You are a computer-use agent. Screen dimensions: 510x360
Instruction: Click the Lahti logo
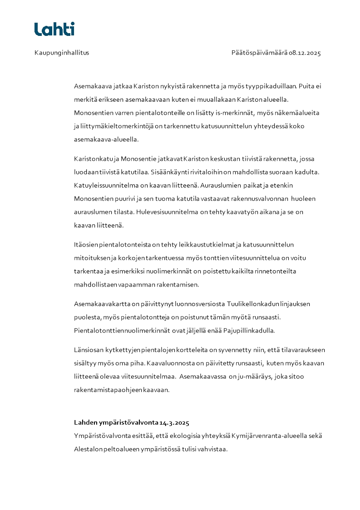[54, 29]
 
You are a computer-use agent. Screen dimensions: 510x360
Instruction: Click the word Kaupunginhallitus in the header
[62, 53]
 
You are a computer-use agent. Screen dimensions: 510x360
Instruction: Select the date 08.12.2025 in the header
[305, 53]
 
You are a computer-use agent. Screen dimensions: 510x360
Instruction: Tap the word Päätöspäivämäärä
[259, 53]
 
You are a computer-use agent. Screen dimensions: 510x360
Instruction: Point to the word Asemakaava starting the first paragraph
[90, 85]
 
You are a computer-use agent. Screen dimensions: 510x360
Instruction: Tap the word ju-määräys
[253, 376]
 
